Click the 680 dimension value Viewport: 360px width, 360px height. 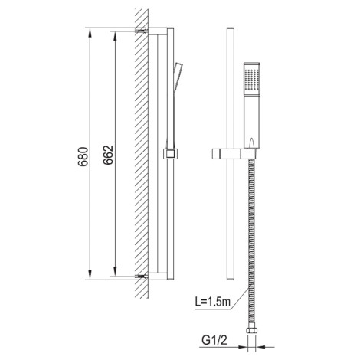[x=83, y=156]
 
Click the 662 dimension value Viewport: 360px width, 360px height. [x=108, y=155]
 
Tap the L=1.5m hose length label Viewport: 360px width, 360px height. [x=213, y=302]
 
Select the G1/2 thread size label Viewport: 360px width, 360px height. [x=214, y=340]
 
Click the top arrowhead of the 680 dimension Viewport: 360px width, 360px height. [x=90, y=33]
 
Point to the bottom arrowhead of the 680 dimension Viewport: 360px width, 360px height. [x=90, y=274]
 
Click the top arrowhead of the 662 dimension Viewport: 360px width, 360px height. [x=115, y=37]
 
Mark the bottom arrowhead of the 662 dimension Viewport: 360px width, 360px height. [x=115, y=271]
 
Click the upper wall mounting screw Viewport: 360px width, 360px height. [x=142, y=31]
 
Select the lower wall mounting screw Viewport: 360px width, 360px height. [x=142, y=277]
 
